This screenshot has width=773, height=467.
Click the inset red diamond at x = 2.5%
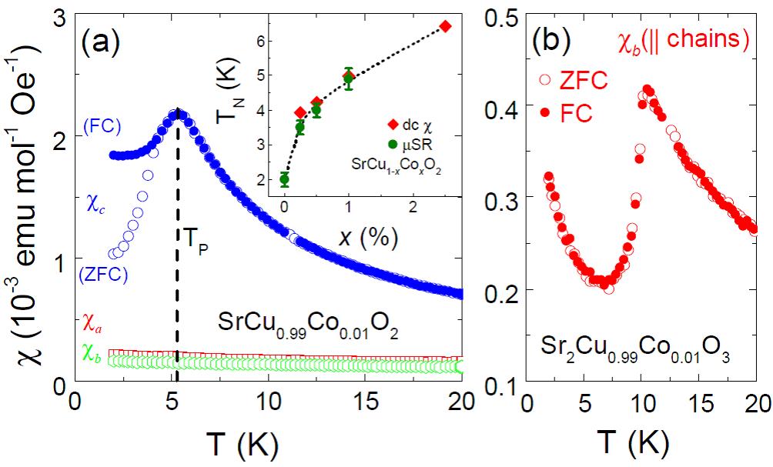(x=445, y=27)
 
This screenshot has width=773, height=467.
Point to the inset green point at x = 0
(x=285, y=180)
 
